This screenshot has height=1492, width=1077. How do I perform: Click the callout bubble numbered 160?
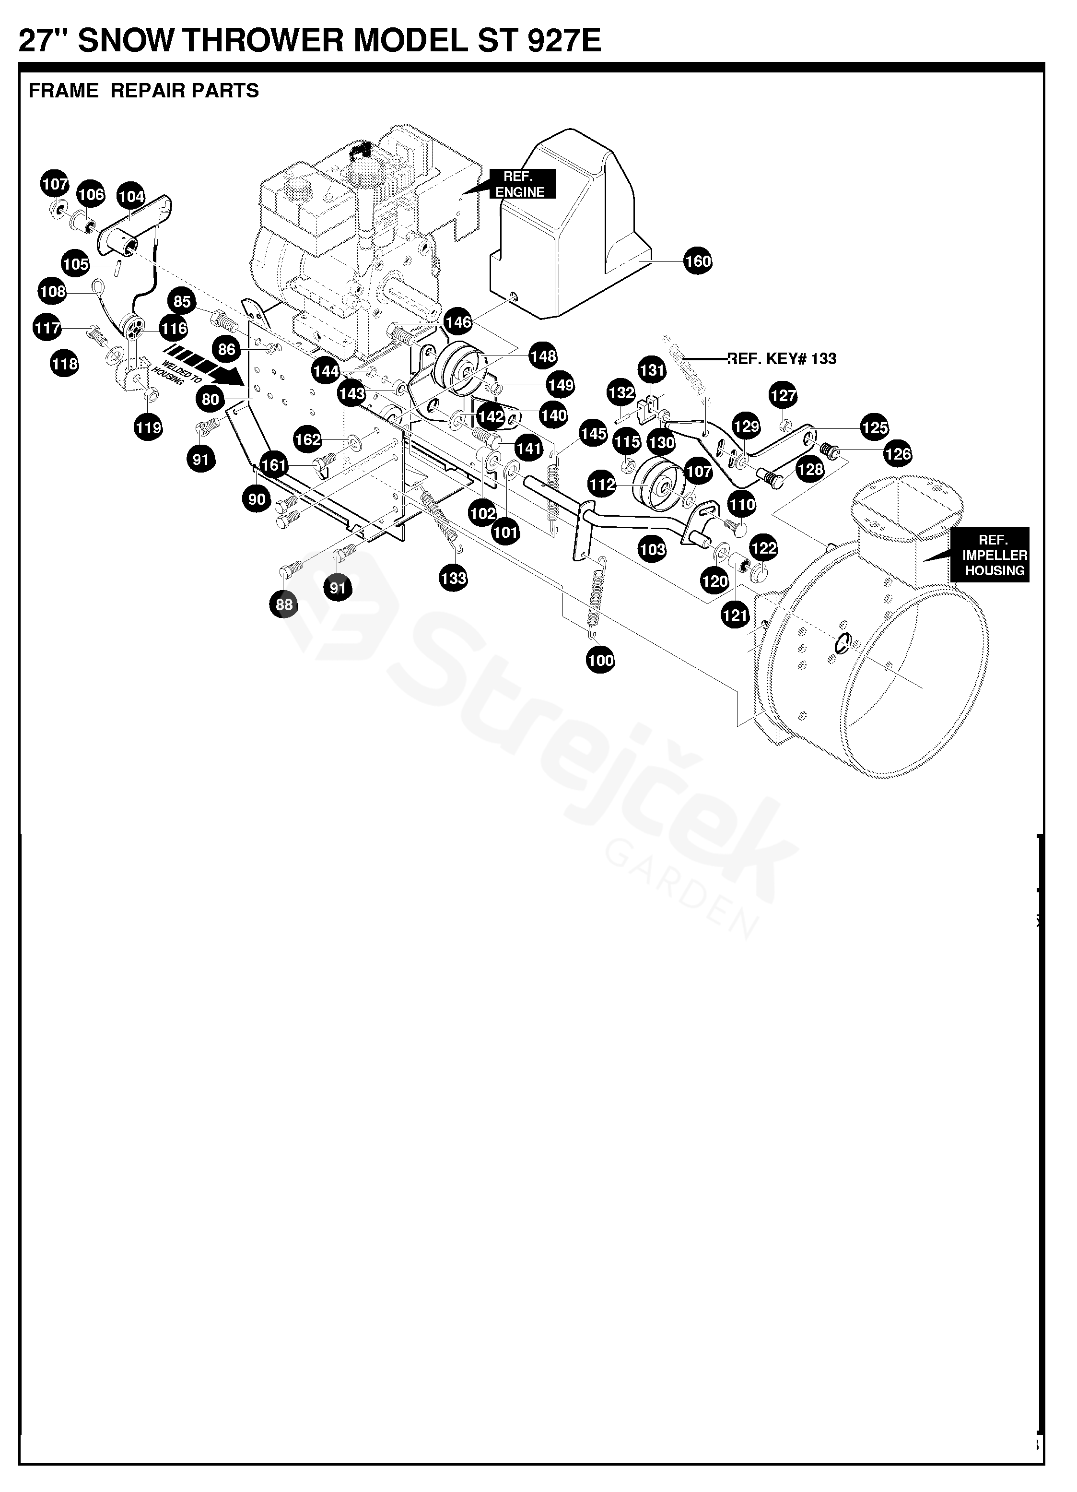coord(698,261)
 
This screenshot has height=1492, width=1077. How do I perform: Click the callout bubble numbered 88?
coord(284,604)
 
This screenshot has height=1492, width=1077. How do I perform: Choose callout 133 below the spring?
coord(453,578)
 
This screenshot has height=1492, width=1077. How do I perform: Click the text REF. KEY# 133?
coord(781,358)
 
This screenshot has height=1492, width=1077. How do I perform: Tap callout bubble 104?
coord(131,196)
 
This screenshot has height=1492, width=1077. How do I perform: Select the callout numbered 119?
coord(148,427)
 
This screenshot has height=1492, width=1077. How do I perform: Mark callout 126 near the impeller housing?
coord(898,453)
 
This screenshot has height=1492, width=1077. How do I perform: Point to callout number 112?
coord(602,485)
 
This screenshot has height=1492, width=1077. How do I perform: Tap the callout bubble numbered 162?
coord(308,439)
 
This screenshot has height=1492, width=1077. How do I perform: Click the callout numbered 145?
coord(593,434)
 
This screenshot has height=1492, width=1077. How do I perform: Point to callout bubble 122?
coord(763,548)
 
